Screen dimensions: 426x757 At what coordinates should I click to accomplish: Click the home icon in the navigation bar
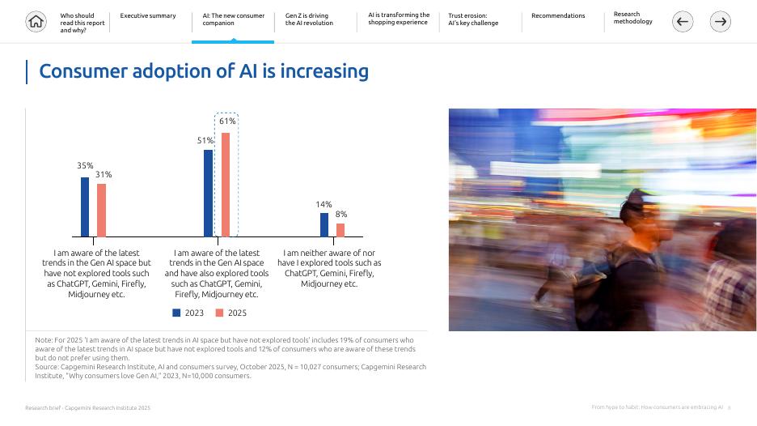pyautogui.click(x=36, y=22)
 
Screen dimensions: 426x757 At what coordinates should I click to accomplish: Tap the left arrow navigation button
pyautogui.click(x=683, y=22)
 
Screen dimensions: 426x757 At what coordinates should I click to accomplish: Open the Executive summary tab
pyautogui.click(x=148, y=16)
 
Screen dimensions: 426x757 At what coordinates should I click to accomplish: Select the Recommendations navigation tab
pyautogui.click(x=558, y=16)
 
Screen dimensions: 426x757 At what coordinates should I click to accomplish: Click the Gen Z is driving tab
pyautogui.click(x=309, y=19)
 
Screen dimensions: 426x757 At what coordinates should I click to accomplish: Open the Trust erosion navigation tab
pyautogui.click(x=473, y=19)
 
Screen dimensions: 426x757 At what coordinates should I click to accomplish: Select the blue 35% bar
pyautogui.click(x=85, y=207)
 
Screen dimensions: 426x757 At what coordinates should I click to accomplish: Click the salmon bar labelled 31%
pyautogui.click(x=101, y=210)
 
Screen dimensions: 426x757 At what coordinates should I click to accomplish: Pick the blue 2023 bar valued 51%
pyautogui.click(x=208, y=193)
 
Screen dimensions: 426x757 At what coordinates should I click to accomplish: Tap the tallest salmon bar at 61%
pyautogui.click(x=226, y=184)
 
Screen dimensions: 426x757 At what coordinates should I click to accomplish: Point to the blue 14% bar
pyautogui.click(x=324, y=224)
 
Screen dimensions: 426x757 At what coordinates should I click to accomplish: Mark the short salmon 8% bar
pyautogui.click(x=340, y=230)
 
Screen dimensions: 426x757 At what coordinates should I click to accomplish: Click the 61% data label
pyautogui.click(x=227, y=121)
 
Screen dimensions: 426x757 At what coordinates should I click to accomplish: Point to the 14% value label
pyautogui.click(x=324, y=205)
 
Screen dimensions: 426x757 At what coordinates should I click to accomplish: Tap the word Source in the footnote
pyautogui.click(x=46, y=367)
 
